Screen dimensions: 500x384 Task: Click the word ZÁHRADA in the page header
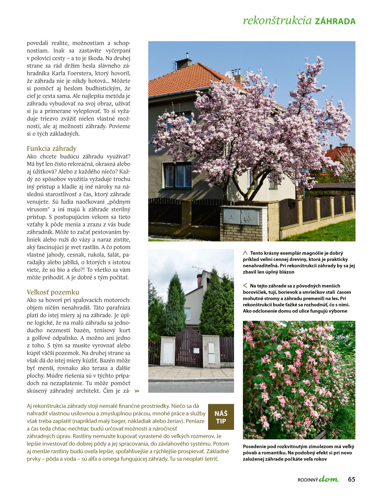coord(335,21)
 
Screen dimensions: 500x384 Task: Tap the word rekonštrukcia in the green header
coord(277,20)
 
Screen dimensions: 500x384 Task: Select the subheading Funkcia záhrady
coord(52,149)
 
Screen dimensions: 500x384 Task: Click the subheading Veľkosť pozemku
coord(53,292)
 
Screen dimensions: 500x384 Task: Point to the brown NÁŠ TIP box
coord(221,417)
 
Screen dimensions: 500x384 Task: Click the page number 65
coord(351,480)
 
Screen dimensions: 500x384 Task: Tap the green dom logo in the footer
coord(329,479)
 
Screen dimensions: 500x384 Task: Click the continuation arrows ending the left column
coord(137,391)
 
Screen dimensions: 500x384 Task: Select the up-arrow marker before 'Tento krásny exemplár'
coord(245,253)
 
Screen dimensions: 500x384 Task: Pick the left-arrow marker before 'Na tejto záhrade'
coord(245,286)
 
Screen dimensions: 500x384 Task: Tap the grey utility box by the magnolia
coord(241,216)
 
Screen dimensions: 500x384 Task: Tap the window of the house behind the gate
coord(188,314)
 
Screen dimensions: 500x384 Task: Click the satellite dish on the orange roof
coord(229,74)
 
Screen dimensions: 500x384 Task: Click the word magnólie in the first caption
coord(317,253)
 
